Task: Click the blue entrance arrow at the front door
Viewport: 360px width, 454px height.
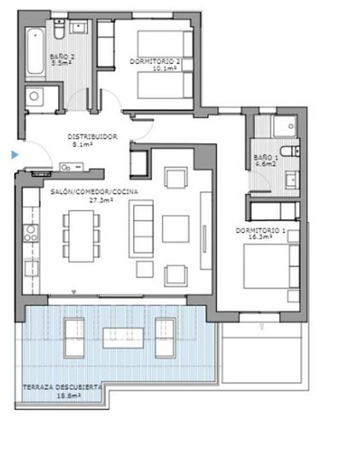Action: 14,154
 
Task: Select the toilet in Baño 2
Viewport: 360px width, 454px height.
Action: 58,32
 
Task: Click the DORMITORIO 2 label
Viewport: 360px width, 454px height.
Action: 154,61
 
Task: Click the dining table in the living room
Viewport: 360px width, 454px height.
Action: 81,234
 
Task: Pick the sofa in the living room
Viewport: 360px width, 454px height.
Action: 141,229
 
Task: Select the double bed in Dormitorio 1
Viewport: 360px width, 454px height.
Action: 268,266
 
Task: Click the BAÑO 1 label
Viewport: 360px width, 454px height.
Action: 265,157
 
